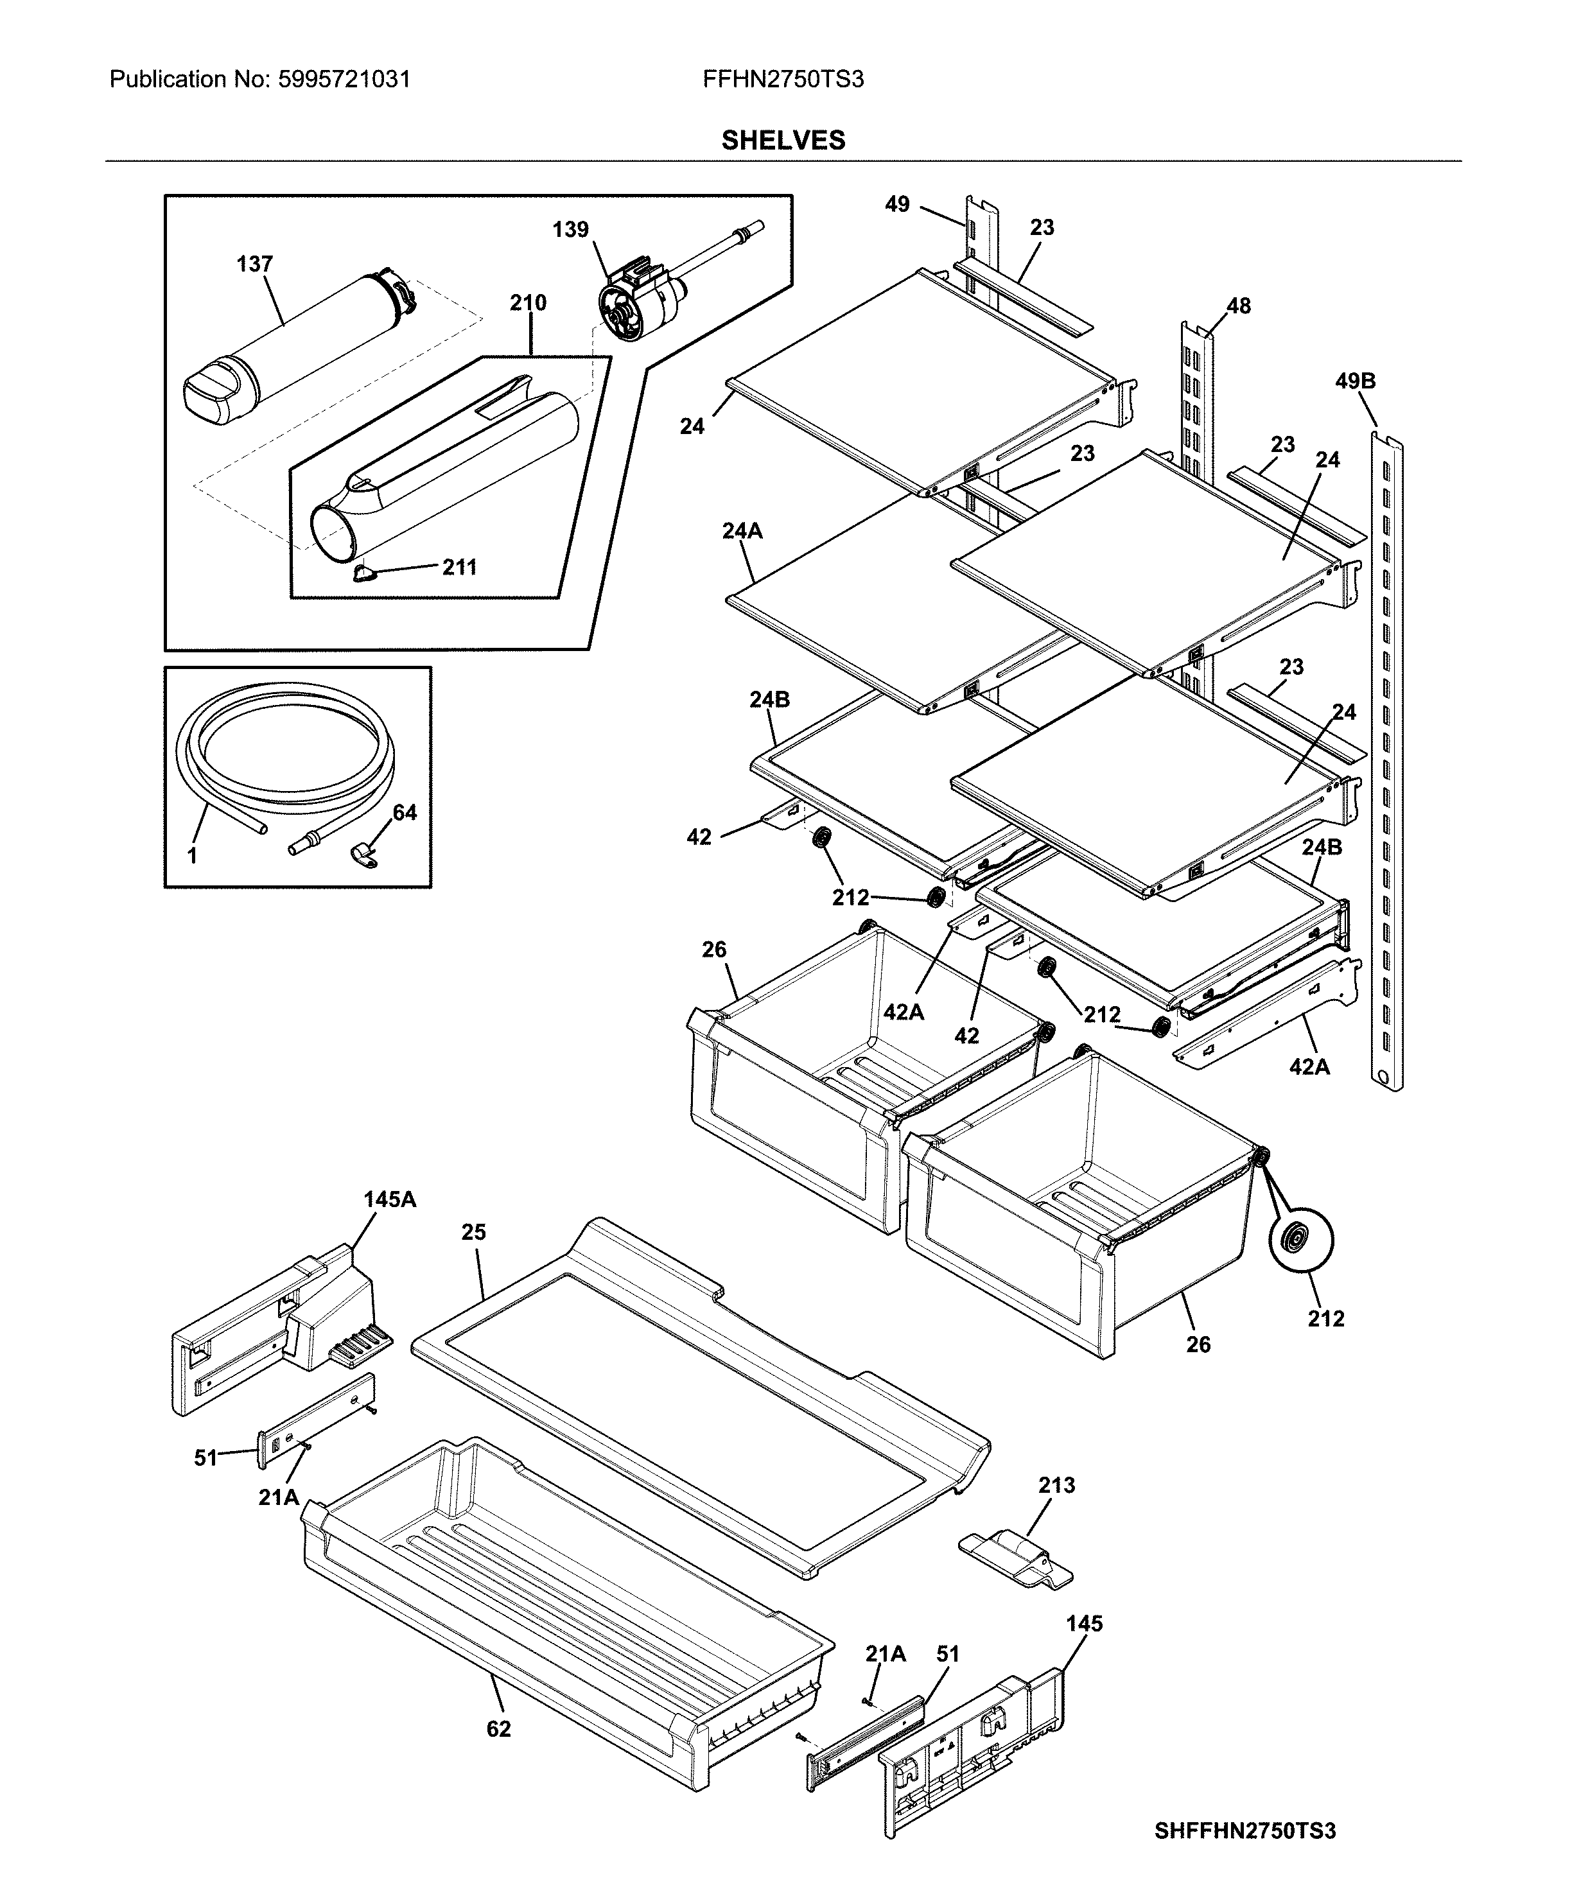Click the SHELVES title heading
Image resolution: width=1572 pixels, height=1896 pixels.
[783, 140]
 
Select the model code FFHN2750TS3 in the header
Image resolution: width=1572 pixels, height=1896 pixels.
[783, 80]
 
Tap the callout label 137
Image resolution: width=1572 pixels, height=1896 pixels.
[255, 264]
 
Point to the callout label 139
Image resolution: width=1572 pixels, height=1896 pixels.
[571, 229]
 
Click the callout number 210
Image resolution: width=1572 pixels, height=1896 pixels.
[528, 302]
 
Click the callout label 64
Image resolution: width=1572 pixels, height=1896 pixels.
[405, 813]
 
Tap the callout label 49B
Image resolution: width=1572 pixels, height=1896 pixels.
[1356, 381]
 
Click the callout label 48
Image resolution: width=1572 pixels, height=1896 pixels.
[1239, 306]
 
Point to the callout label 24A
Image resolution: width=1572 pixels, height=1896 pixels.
[742, 531]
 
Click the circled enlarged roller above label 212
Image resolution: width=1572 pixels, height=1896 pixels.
[1301, 1240]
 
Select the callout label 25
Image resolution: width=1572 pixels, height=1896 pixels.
[474, 1231]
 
